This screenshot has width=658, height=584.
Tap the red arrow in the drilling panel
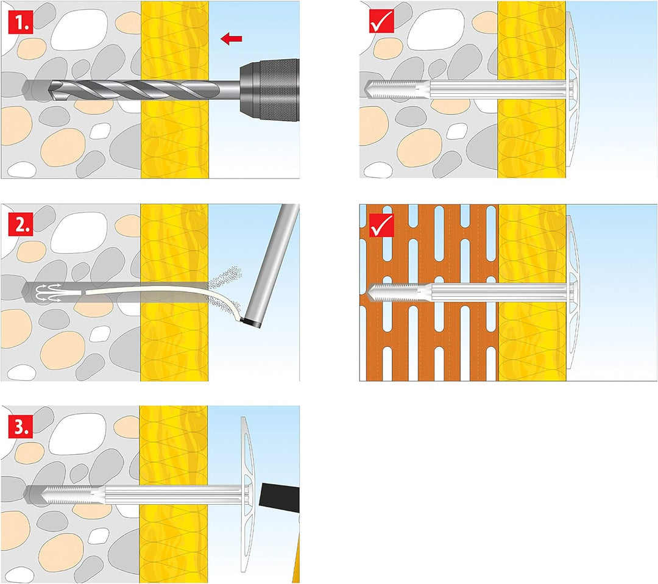click(232, 39)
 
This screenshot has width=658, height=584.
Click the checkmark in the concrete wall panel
click(381, 21)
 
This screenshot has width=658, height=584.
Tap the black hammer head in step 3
click(280, 496)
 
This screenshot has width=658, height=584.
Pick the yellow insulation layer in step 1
click(175, 90)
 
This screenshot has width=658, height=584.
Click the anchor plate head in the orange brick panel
click(573, 293)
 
